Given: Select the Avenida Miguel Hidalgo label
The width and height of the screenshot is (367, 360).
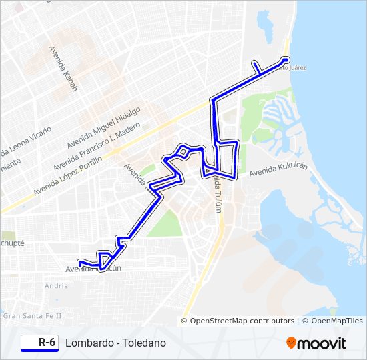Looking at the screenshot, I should (x=103, y=127).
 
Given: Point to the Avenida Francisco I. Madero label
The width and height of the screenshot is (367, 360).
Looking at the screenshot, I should (x=97, y=145).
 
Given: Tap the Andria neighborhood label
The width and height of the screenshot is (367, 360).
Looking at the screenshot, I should (x=56, y=286).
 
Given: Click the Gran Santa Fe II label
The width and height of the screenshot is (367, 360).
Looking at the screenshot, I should (x=32, y=315).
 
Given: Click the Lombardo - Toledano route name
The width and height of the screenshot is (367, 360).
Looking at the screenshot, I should (x=115, y=343).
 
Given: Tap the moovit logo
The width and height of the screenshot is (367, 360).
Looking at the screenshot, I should (x=316, y=343).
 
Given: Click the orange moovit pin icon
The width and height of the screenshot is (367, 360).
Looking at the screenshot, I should (x=291, y=343).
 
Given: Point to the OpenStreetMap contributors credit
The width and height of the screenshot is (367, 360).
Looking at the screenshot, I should (x=238, y=321).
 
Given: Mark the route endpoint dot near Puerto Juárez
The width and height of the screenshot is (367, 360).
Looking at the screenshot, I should (x=286, y=59).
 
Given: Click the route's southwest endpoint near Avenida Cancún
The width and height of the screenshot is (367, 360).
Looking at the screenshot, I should (x=80, y=263).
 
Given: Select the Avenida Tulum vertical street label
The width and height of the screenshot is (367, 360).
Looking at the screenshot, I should (x=218, y=194).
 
